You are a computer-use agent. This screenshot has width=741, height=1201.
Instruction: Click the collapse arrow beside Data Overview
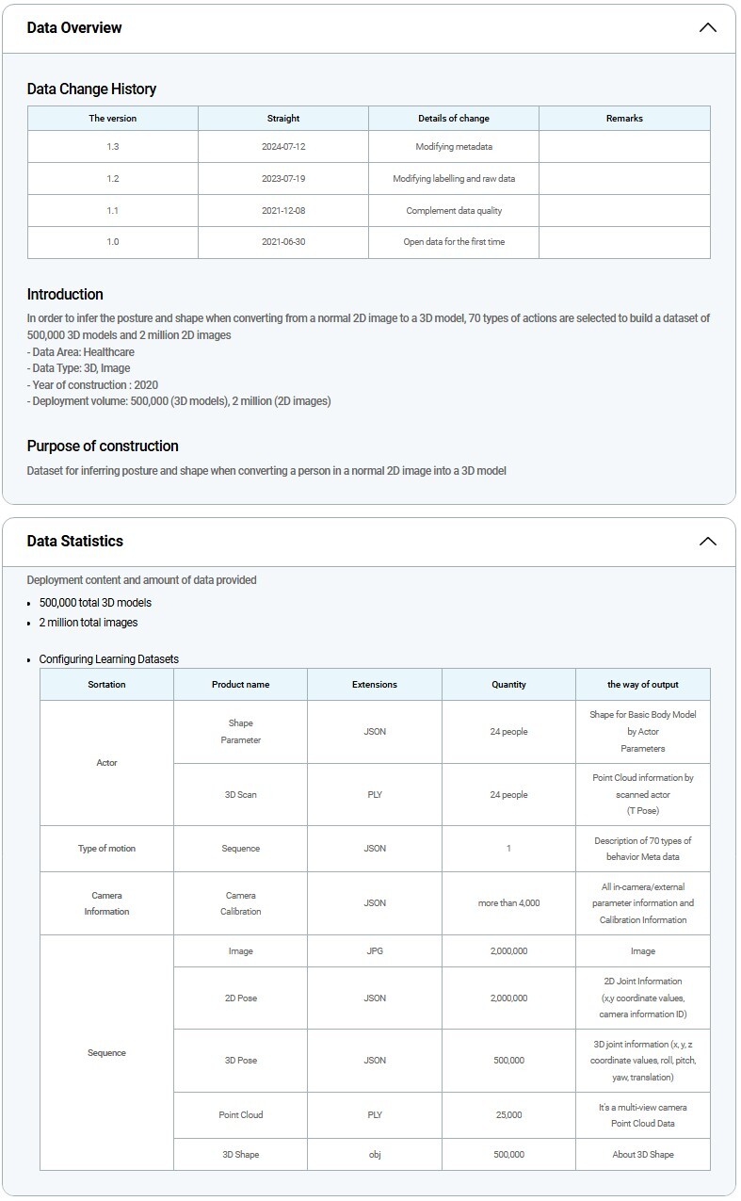coord(708,28)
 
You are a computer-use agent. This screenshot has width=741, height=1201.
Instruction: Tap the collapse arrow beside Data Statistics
coord(708,542)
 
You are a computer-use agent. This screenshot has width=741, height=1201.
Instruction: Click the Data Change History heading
coord(91,89)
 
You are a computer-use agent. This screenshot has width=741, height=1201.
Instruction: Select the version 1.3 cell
coord(113,147)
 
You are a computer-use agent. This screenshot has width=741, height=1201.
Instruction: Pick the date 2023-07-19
coord(283,179)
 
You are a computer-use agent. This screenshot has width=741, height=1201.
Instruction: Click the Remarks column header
coord(624,119)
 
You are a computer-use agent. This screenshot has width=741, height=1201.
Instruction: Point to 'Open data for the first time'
coord(454,242)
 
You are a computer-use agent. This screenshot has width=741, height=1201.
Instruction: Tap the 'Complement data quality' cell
coord(454,211)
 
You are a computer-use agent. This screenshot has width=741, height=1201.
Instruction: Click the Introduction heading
coord(65,295)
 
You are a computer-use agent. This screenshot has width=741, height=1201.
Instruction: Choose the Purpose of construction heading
coord(103,446)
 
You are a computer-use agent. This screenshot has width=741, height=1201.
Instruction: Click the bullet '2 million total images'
coord(89,623)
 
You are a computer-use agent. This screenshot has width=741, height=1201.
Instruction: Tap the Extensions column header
coord(375,685)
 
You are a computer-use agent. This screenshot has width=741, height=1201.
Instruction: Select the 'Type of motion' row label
coord(106,849)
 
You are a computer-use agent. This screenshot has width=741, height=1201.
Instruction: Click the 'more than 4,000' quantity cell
coord(508,903)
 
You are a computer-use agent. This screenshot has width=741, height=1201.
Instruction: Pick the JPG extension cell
coord(375,951)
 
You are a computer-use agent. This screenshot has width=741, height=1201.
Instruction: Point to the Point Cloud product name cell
coord(240,1115)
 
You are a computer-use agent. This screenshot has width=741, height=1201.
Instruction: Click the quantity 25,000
coord(508,1115)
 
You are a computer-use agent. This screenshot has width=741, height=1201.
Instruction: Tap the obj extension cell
coord(375,1155)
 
